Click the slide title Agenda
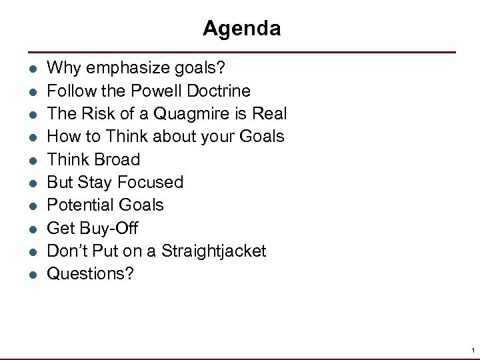241,29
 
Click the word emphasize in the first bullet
119,68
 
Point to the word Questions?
90,274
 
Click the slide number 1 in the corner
472,350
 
